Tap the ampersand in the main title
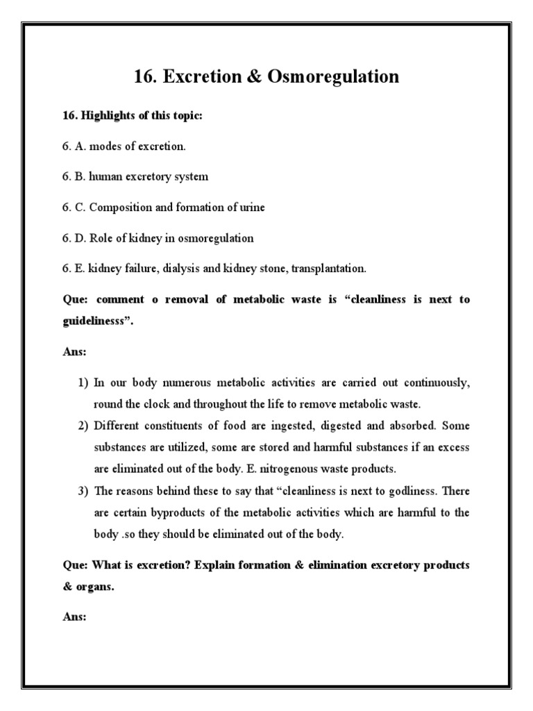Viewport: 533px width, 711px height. tap(240, 76)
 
